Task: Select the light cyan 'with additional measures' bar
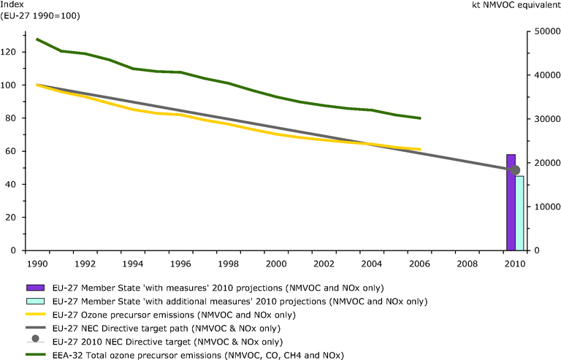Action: [x=519, y=213]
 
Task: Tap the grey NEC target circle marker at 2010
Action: [x=514, y=170]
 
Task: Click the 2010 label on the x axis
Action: [x=514, y=263]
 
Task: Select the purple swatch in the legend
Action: [x=34, y=287]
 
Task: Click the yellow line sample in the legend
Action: [x=34, y=314]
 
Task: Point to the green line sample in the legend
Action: [x=34, y=354]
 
